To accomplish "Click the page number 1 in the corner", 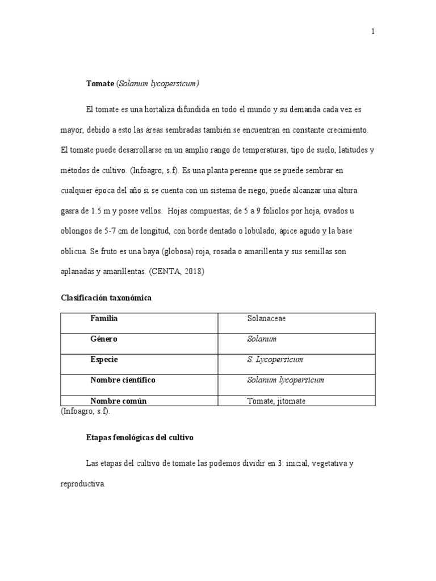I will [373, 32].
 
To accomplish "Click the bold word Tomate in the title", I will [100, 83].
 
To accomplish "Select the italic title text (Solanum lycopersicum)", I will [158, 83].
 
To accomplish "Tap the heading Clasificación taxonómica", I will [106, 298].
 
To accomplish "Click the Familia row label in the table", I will [104, 318].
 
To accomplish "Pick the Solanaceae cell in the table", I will [266, 318].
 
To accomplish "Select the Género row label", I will [104, 339].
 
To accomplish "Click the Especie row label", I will [104, 360].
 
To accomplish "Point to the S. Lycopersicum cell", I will [275, 360].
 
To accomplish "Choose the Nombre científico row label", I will [123, 380].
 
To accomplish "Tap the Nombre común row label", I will [118, 401].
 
